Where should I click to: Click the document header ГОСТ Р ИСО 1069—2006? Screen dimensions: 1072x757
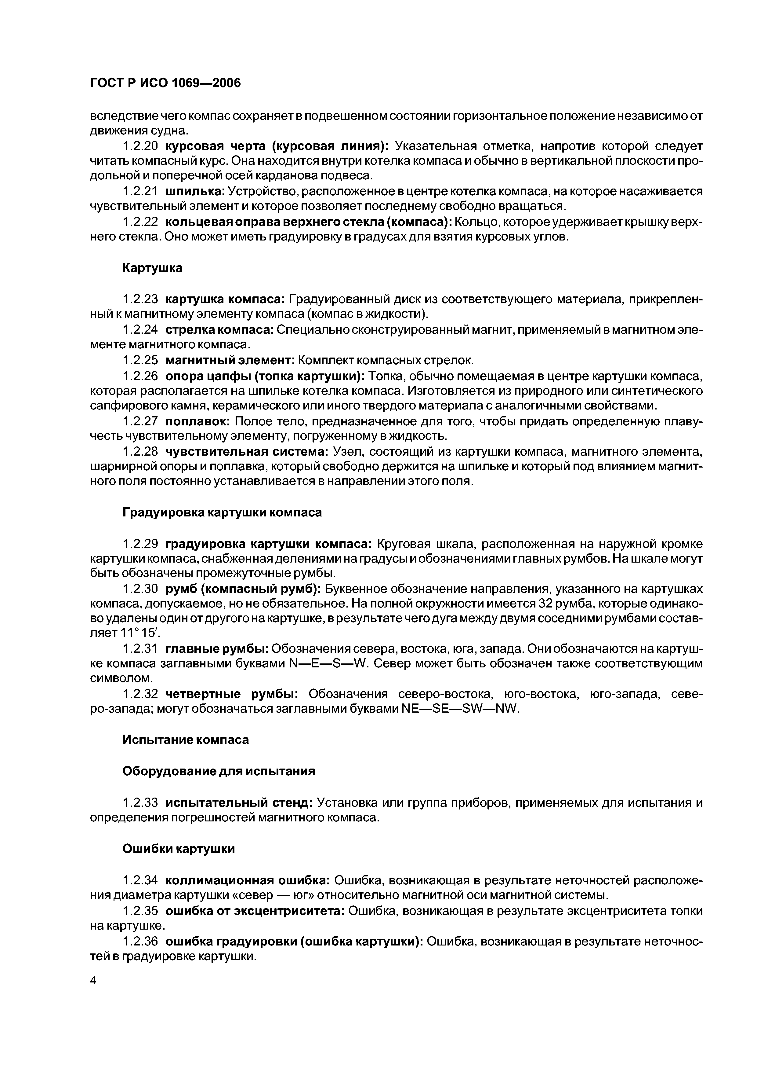coord(165,83)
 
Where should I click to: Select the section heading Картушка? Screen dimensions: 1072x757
coord(152,268)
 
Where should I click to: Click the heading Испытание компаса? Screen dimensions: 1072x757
coord(186,740)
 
